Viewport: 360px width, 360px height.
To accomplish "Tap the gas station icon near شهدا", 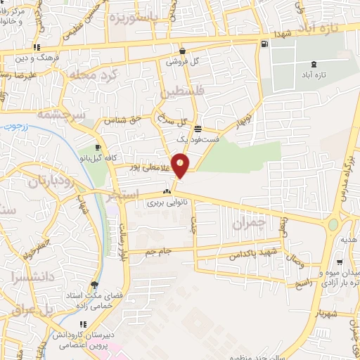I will [x=264, y=44].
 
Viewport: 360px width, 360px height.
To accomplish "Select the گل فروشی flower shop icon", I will [x=183, y=51].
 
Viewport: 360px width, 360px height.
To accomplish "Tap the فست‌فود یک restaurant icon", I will [x=199, y=129].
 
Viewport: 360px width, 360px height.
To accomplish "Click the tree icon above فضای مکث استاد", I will [x=95, y=285].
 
